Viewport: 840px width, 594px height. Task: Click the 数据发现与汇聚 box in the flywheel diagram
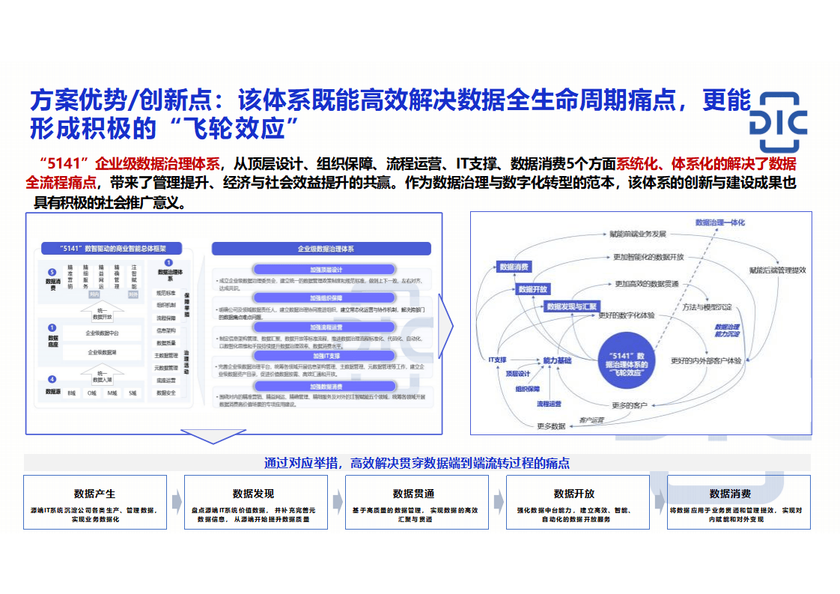572,306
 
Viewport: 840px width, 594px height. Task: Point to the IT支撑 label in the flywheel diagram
497,360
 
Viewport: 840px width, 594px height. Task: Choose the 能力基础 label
557,360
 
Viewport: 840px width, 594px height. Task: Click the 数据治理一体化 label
720,222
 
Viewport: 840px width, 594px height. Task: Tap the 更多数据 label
551,426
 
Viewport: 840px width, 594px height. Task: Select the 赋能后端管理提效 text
777,270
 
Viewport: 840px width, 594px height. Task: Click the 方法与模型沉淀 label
707,307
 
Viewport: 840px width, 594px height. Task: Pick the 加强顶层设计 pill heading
326,270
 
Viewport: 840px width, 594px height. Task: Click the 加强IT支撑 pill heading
326,356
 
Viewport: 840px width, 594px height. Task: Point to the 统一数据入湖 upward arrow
102,372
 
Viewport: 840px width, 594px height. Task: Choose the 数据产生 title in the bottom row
94,494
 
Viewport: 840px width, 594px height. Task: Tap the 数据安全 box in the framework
166,393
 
